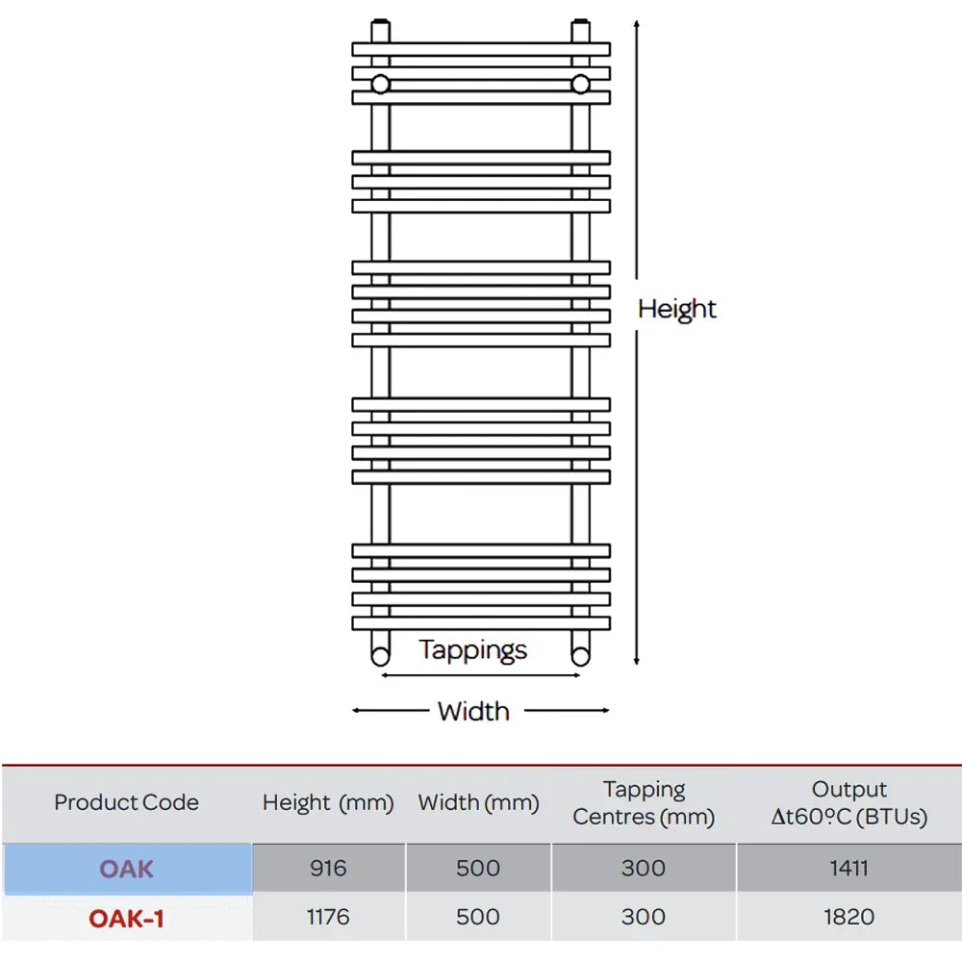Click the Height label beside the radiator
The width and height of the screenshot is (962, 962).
(677, 309)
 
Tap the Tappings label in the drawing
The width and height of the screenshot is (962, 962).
(473, 650)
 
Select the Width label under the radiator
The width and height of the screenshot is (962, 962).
(473, 711)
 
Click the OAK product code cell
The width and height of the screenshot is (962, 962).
(126, 869)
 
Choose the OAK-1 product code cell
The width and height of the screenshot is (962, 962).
(126, 919)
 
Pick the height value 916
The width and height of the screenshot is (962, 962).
(328, 869)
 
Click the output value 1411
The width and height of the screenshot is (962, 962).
(848, 869)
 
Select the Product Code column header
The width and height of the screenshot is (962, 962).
(126, 802)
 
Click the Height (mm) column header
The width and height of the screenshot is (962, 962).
(328, 802)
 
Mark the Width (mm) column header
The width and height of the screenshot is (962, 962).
(478, 802)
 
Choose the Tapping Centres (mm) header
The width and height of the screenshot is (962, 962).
(644, 803)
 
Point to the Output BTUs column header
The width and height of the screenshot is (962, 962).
(848, 803)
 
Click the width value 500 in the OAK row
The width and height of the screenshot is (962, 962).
(478, 869)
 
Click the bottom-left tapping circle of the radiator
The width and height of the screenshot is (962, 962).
(381, 656)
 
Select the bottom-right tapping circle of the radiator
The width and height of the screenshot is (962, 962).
(580, 656)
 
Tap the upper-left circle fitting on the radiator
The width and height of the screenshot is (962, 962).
(381, 84)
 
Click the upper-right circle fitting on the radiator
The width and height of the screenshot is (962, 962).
(580, 84)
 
